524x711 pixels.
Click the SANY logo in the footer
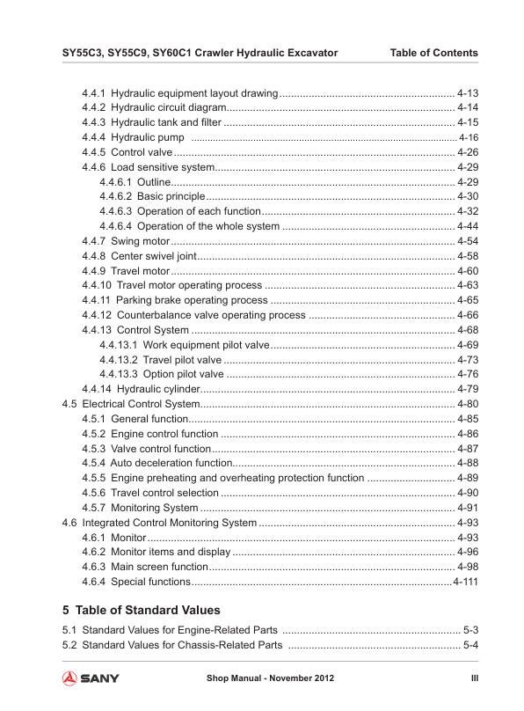point(91,678)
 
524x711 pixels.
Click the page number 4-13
point(468,92)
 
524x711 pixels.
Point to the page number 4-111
point(465,582)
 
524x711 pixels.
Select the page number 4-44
point(468,226)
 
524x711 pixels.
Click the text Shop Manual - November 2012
point(270,678)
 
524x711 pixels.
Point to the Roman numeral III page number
point(473,678)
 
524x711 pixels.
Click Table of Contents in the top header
point(433,53)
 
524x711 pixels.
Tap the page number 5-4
point(470,646)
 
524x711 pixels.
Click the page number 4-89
point(468,478)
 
